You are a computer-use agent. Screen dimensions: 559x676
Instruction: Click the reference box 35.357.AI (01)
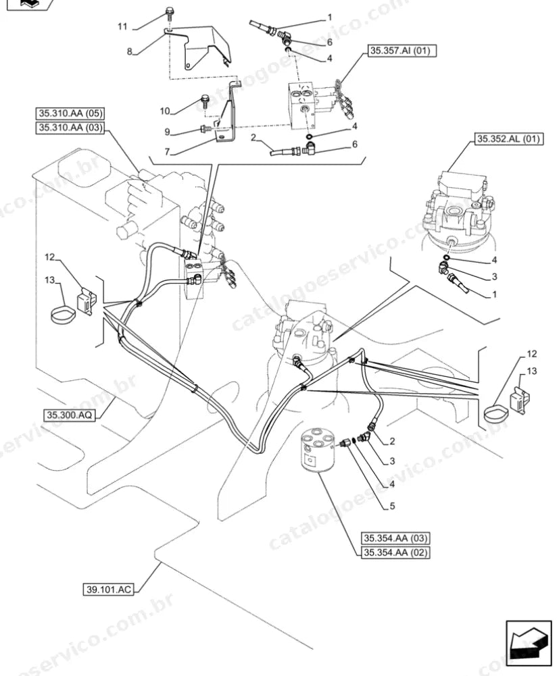coord(402,51)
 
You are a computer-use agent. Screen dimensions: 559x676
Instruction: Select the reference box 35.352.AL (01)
coord(509,139)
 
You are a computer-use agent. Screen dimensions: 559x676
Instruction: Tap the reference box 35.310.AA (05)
coord(70,114)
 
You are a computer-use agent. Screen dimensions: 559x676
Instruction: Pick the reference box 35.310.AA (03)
coord(70,128)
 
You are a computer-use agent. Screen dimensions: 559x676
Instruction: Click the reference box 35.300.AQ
coord(69,415)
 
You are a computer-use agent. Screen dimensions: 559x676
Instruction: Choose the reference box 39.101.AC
coord(108,590)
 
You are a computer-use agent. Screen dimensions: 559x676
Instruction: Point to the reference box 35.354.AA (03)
coord(395,538)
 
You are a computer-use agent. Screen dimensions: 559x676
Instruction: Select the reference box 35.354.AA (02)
coord(395,552)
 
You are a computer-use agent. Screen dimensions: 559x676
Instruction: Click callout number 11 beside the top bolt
coord(122,27)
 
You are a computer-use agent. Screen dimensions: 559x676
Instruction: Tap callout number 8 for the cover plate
coord(130,52)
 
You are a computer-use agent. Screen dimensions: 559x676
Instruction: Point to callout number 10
coord(165,111)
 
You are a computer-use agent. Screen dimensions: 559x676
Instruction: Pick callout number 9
coord(167,132)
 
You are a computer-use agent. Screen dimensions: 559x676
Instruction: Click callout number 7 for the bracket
coord(167,152)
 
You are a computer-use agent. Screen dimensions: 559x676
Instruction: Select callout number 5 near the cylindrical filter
coord(392,506)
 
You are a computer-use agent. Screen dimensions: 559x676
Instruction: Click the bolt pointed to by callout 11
coord(168,14)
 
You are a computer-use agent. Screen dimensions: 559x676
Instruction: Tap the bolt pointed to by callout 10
coord(204,103)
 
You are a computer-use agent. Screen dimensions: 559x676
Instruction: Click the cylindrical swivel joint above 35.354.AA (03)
coord(318,451)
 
